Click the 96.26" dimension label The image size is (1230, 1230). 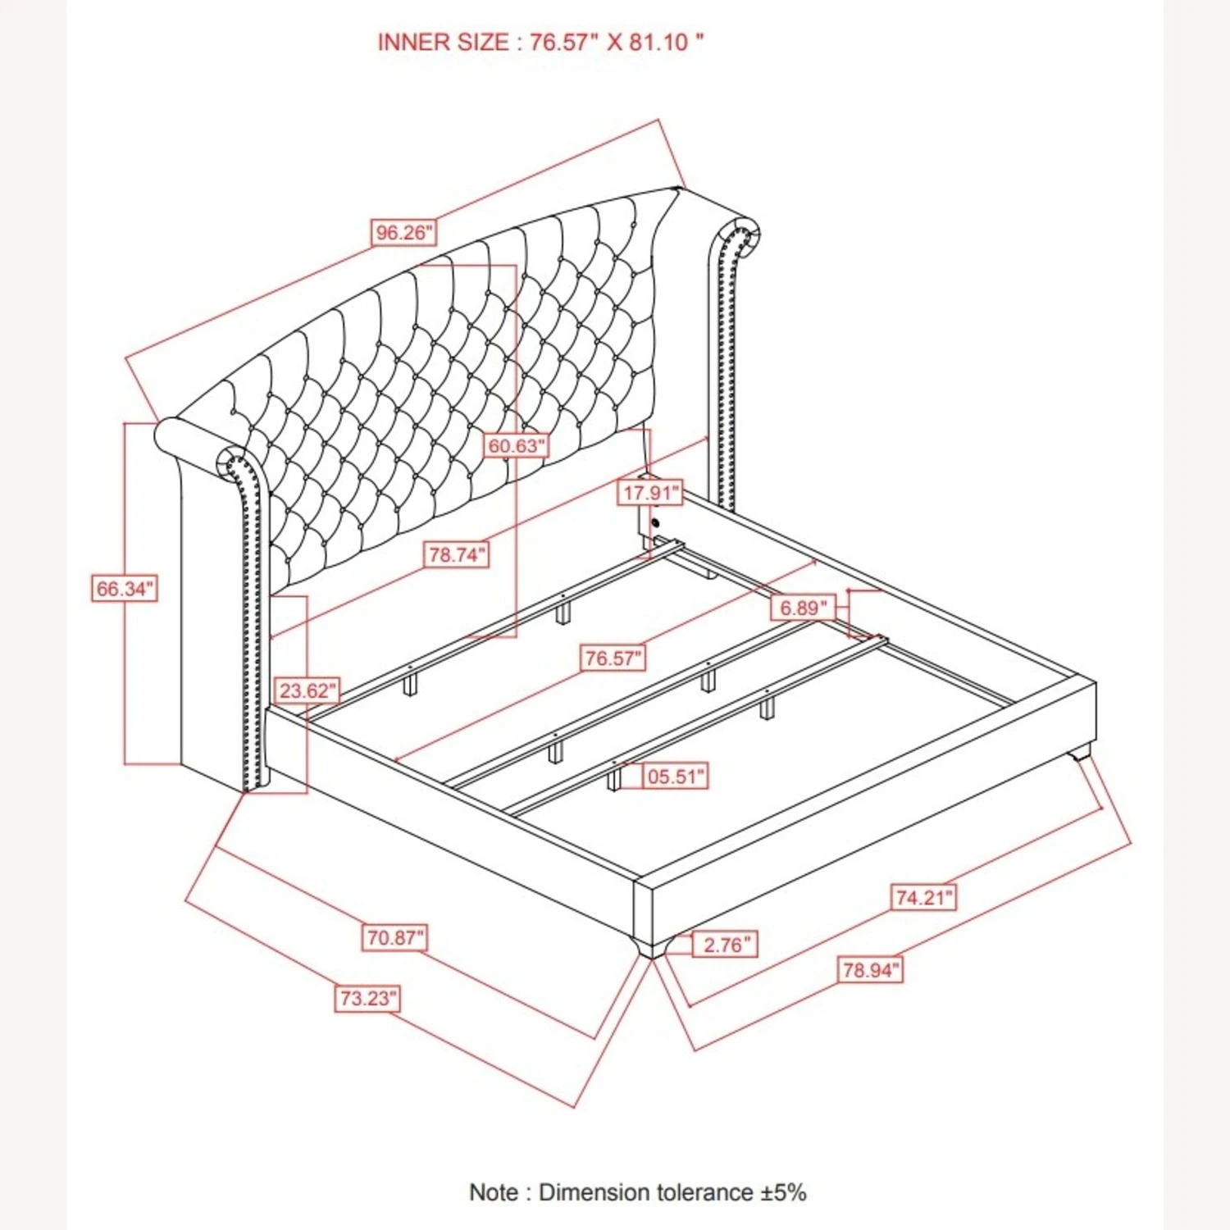click(402, 233)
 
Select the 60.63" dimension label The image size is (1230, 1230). click(517, 446)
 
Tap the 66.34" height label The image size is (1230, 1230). click(124, 589)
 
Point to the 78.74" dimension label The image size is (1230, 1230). click(456, 555)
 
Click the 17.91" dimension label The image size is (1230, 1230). click(650, 493)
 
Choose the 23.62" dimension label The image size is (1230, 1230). click(307, 691)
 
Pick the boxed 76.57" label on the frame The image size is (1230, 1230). click(613, 658)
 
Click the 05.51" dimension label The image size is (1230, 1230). click(675, 776)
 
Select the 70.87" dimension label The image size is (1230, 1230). click(394, 937)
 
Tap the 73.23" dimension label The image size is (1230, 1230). click(368, 999)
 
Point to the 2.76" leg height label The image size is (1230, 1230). click(726, 945)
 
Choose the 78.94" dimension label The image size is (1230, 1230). click(871, 970)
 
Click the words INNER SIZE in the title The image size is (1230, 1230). click(443, 43)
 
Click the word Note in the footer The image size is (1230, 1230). click(494, 1191)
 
